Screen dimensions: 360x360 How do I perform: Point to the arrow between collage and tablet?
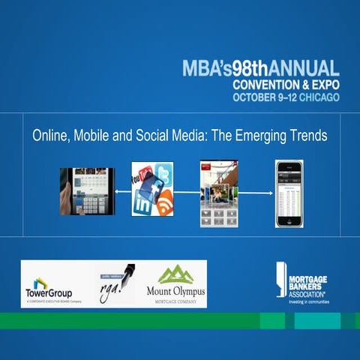tap(124, 191)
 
